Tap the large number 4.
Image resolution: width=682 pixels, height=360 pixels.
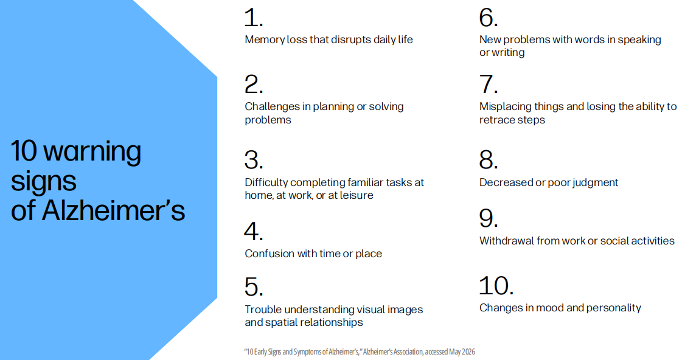(254, 231)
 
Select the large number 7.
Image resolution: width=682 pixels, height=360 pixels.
(489, 85)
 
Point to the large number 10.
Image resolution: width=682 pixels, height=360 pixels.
(496, 286)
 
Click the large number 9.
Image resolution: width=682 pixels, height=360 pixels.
(489, 218)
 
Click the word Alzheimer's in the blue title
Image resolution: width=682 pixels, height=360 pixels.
(113, 210)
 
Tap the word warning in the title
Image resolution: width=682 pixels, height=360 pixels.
(92, 152)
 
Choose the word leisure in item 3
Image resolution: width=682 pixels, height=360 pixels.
(357, 195)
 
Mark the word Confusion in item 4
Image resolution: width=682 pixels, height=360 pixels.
(270, 254)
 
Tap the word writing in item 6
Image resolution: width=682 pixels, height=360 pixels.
(508, 53)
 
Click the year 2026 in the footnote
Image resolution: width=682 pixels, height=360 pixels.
(468, 351)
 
